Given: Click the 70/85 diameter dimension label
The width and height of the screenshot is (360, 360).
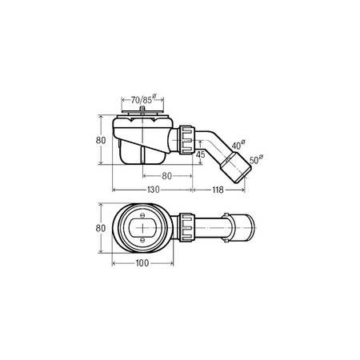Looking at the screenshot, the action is pyautogui.click(x=143, y=99).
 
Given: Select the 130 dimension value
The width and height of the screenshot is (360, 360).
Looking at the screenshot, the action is pyautogui.click(x=154, y=190).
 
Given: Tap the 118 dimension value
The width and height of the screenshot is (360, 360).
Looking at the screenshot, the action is pyautogui.click(x=218, y=190).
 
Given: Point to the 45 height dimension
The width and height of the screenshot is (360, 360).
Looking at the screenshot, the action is pyautogui.click(x=200, y=154).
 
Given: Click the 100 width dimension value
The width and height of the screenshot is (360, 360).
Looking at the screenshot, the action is pyautogui.click(x=142, y=263).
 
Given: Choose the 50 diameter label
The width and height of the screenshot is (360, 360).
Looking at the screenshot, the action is pyautogui.click(x=256, y=160).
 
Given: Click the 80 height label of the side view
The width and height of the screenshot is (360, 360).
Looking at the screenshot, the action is pyautogui.click(x=101, y=140).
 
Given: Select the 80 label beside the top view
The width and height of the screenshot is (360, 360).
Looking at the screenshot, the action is pyautogui.click(x=101, y=228).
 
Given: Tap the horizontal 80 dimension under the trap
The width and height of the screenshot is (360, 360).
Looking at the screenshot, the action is pyautogui.click(x=166, y=176).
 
